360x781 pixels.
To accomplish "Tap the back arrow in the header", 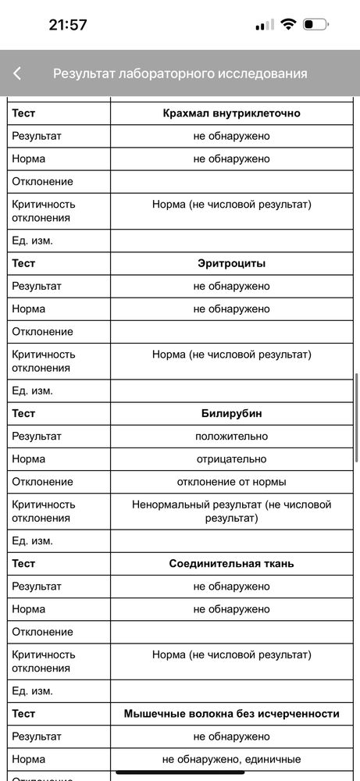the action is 17,73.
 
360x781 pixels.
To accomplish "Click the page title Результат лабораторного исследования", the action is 180,73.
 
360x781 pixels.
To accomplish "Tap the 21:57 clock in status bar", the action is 68,24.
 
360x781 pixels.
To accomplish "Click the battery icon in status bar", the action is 315,24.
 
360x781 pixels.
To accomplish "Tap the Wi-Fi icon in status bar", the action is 288,24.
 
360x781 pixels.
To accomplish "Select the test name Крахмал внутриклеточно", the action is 231,113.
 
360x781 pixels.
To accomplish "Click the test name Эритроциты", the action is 231,263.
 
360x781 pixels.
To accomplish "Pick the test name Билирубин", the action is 231,413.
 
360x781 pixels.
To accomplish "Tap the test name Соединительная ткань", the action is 231,563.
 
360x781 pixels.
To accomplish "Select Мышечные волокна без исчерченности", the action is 231,713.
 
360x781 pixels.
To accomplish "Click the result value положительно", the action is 231,436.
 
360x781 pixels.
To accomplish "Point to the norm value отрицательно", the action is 231,458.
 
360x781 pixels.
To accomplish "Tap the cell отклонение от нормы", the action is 231,481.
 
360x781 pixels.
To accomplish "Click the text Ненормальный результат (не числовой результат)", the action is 231,511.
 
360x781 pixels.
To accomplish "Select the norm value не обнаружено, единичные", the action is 231,758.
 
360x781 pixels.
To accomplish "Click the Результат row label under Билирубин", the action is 37,436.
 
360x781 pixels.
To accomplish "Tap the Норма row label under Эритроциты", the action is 29,308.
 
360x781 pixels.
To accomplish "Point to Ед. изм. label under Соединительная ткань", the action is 32,690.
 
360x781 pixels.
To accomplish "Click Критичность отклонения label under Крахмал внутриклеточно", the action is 44,211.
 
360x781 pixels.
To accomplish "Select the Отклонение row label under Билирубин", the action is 42,481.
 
